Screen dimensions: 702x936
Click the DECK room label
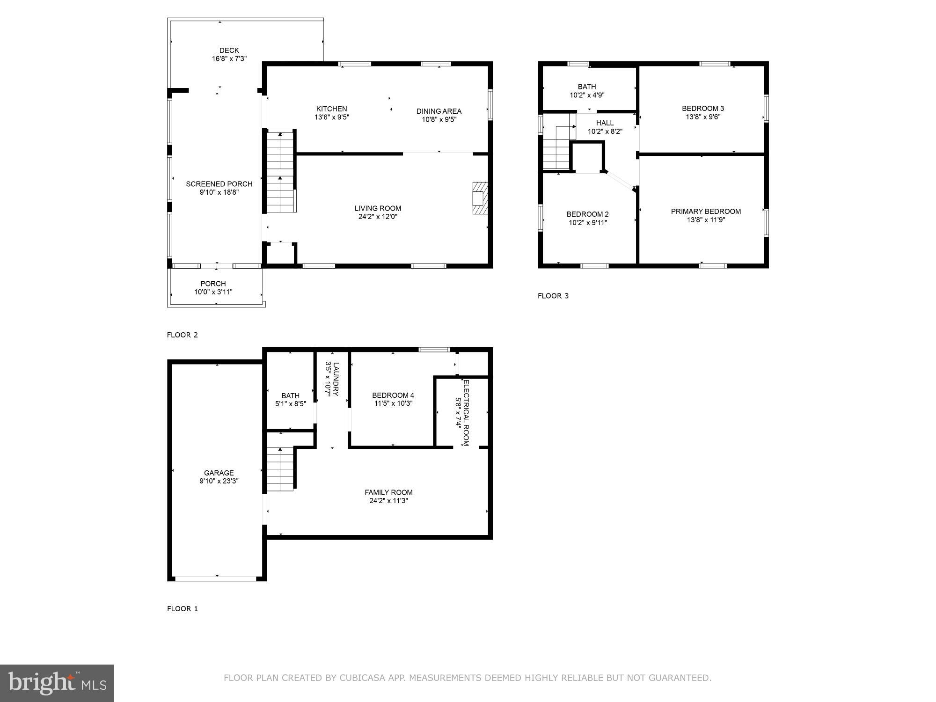229,50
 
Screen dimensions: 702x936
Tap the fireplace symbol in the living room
480,198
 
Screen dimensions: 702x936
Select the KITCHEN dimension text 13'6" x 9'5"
332,117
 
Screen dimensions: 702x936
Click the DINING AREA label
439,111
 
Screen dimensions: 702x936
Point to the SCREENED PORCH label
219,184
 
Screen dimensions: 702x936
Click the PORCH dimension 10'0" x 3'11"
213,292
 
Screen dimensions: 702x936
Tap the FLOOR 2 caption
183,335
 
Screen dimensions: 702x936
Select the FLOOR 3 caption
553,296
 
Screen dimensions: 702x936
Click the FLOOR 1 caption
183,609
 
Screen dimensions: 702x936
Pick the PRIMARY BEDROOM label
706,212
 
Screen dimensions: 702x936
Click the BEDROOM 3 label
703,109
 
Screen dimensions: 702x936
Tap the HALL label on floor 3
605,123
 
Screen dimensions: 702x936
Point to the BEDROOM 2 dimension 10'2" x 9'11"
588,223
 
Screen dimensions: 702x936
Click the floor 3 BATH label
587,87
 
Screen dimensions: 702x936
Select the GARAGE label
219,473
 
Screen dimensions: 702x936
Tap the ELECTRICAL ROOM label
466,412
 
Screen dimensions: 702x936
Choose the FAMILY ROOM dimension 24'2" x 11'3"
388,501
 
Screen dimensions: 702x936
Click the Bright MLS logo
57,683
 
